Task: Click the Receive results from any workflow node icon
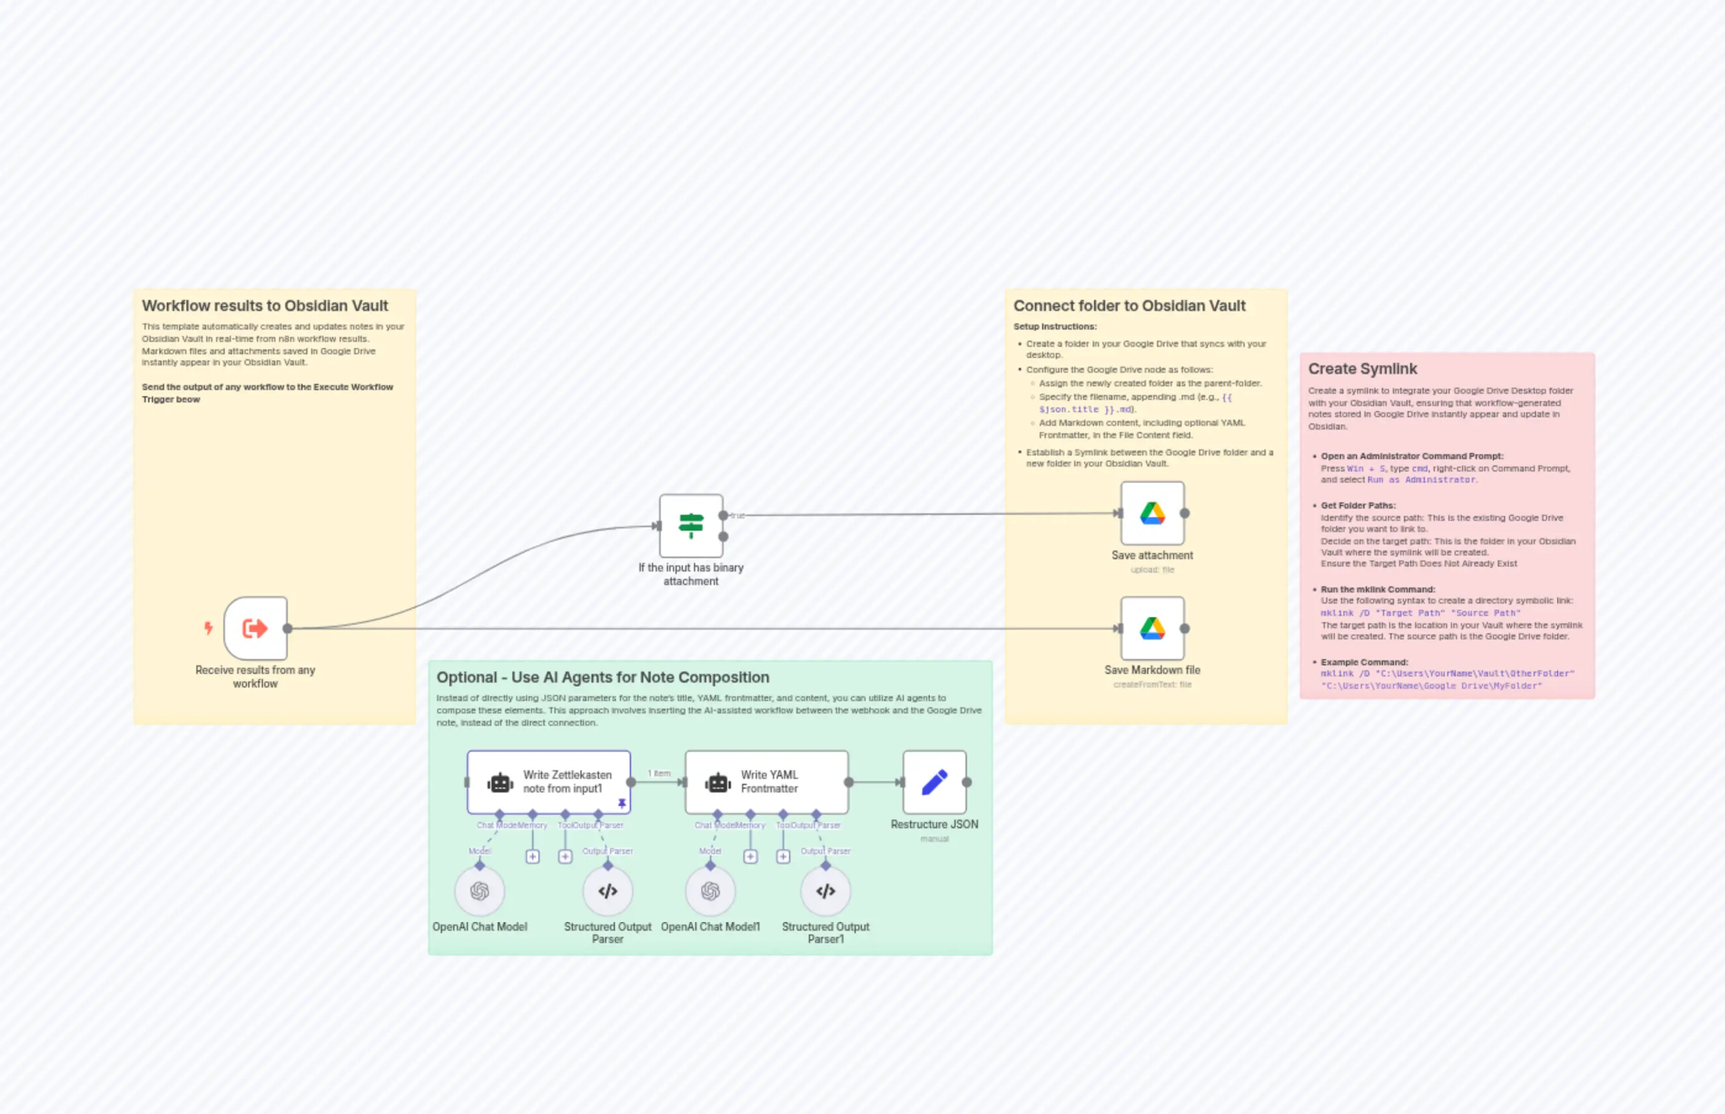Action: tap(256, 628)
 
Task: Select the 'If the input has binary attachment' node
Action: tap(691, 525)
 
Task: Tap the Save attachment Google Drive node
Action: tap(1152, 513)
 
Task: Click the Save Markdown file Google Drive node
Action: tap(1152, 628)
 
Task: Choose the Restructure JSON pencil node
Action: tap(934, 782)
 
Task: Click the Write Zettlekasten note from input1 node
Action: tap(548, 782)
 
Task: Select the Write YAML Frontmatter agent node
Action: tap(766, 782)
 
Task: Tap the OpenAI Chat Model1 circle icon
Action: tap(710, 891)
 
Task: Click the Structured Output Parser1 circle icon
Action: tap(825, 891)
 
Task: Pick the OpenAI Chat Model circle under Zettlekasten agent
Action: tap(479, 891)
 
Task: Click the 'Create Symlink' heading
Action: tap(1362, 369)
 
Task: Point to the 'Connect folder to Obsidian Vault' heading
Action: tap(1129, 306)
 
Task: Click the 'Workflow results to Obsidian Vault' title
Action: tap(265, 306)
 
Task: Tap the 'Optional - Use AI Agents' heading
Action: tap(602, 677)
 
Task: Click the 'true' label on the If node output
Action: tap(737, 516)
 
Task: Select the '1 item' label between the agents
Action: tap(659, 773)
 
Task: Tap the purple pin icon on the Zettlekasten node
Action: tap(622, 804)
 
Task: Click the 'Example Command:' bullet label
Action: tap(1363, 662)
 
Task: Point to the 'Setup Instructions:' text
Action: tap(1055, 327)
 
